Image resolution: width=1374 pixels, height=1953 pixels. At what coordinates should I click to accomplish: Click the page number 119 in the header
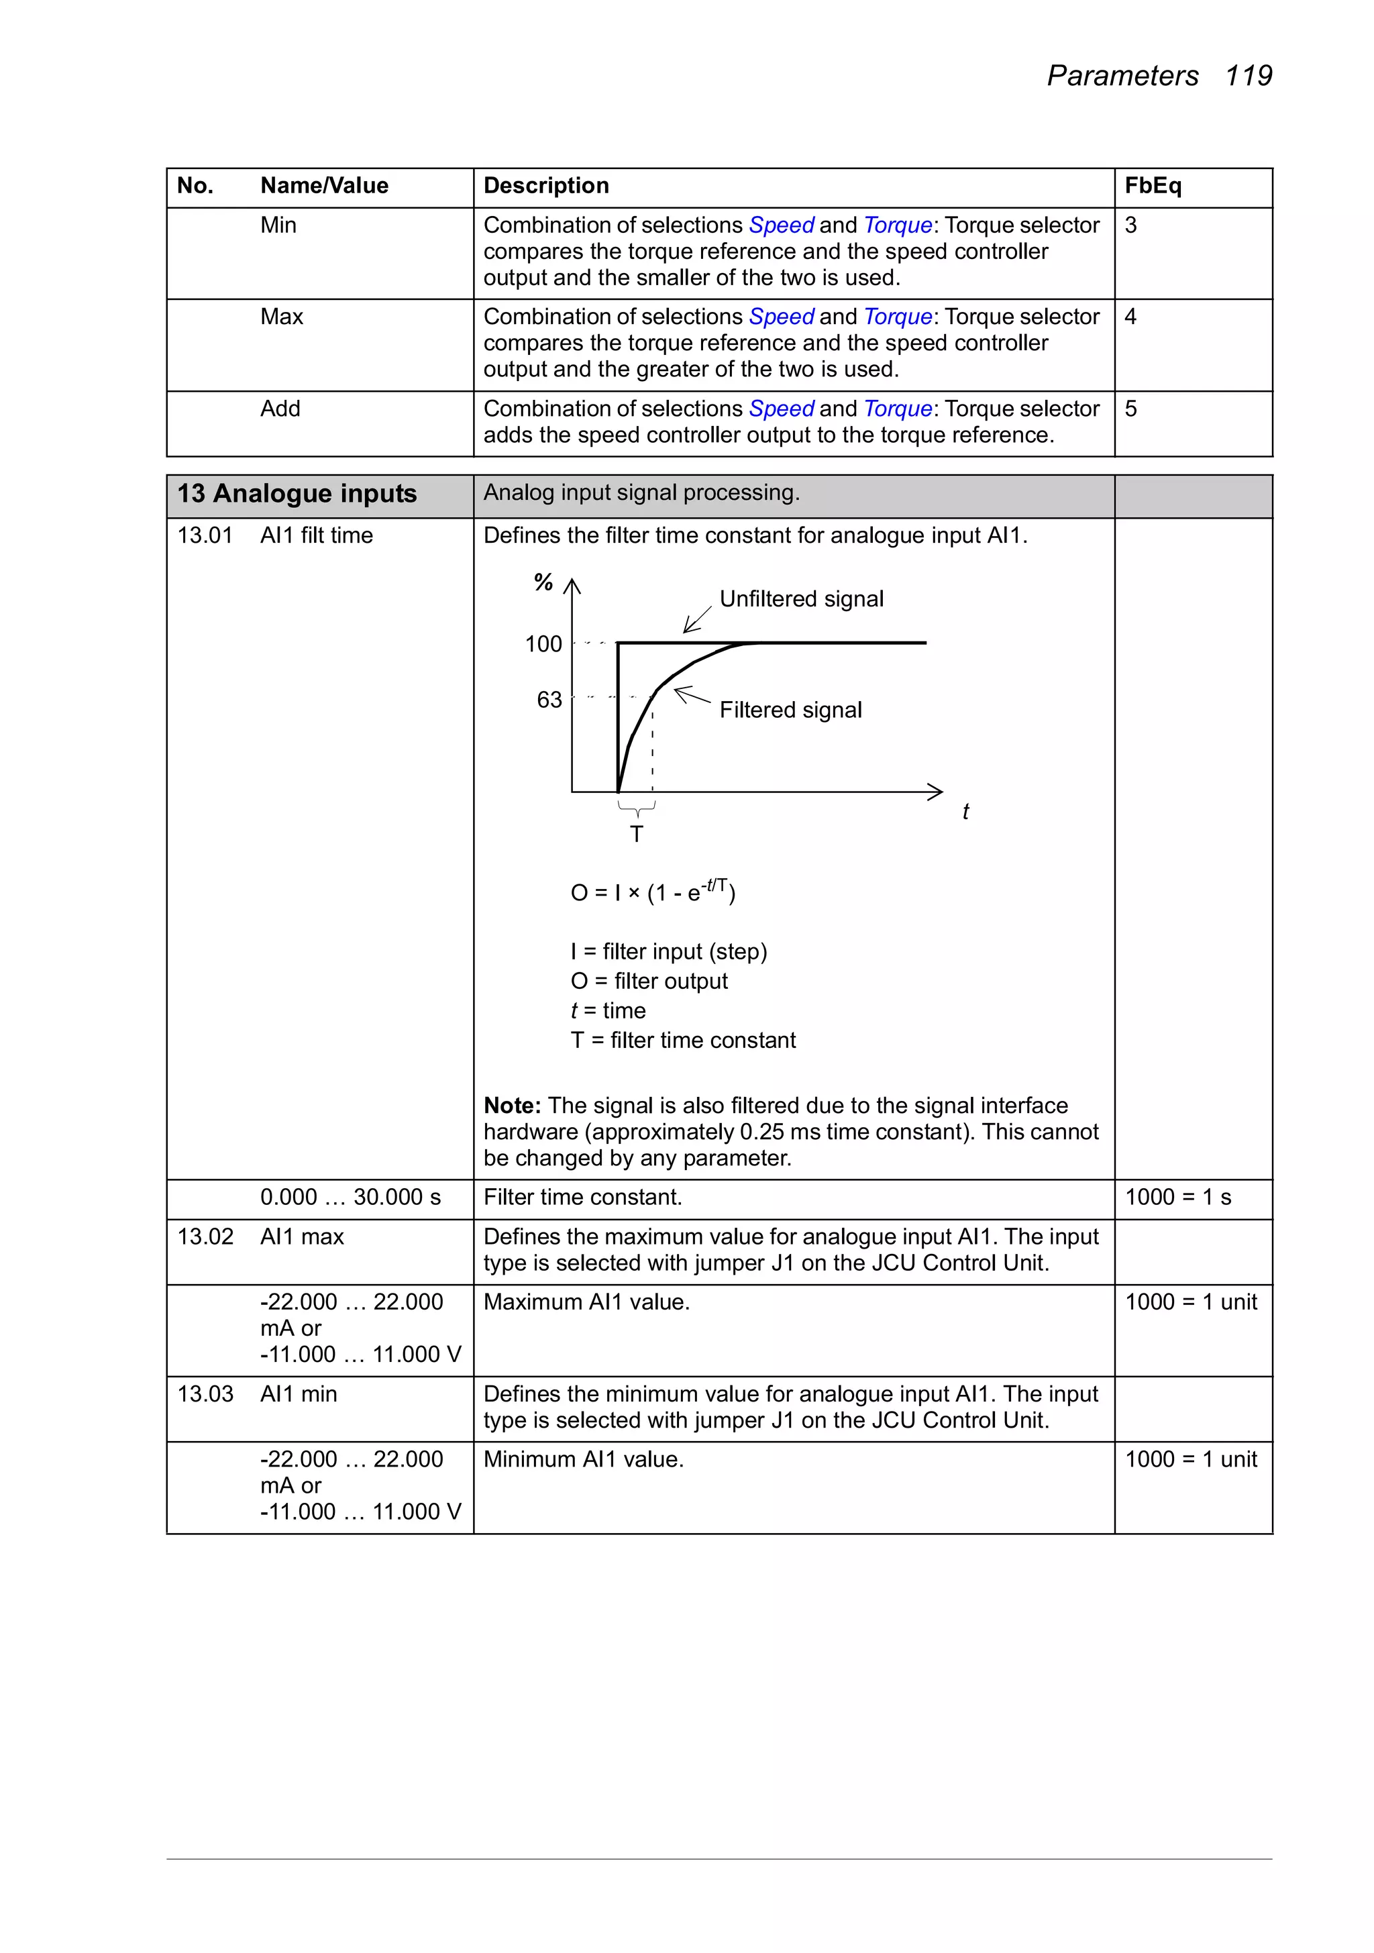pos(1247,76)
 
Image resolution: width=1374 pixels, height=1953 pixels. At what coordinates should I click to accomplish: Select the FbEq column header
pos(1153,185)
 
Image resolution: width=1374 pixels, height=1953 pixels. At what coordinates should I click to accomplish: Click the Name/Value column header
pos(324,185)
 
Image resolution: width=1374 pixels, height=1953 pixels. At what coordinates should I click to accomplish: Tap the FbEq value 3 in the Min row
pos(1130,225)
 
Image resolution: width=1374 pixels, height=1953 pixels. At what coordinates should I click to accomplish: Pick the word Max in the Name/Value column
pos(282,317)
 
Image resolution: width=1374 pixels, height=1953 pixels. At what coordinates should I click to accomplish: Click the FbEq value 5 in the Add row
pos(1130,409)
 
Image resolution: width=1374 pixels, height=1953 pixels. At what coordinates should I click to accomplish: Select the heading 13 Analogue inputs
pos(297,493)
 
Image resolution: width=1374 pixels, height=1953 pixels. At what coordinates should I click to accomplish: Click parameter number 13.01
pos(204,535)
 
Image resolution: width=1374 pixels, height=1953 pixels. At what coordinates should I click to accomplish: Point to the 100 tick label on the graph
pos(543,644)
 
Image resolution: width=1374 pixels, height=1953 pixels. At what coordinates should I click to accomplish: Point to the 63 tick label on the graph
pos(549,699)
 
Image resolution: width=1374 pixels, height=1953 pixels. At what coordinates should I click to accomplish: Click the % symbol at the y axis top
pos(543,582)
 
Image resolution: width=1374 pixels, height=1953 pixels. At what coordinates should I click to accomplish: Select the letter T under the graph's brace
pos(637,833)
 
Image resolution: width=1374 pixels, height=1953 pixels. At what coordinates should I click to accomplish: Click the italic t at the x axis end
pos(965,812)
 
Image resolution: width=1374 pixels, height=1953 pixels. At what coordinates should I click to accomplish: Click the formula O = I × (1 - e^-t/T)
pos(653,892)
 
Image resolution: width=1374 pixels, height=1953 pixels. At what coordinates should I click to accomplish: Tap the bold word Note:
pos(512,1105)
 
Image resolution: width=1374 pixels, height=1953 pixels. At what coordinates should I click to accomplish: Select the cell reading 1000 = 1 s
pos(1177,1197)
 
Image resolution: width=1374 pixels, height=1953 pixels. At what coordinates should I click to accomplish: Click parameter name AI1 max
pos(302,1236)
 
